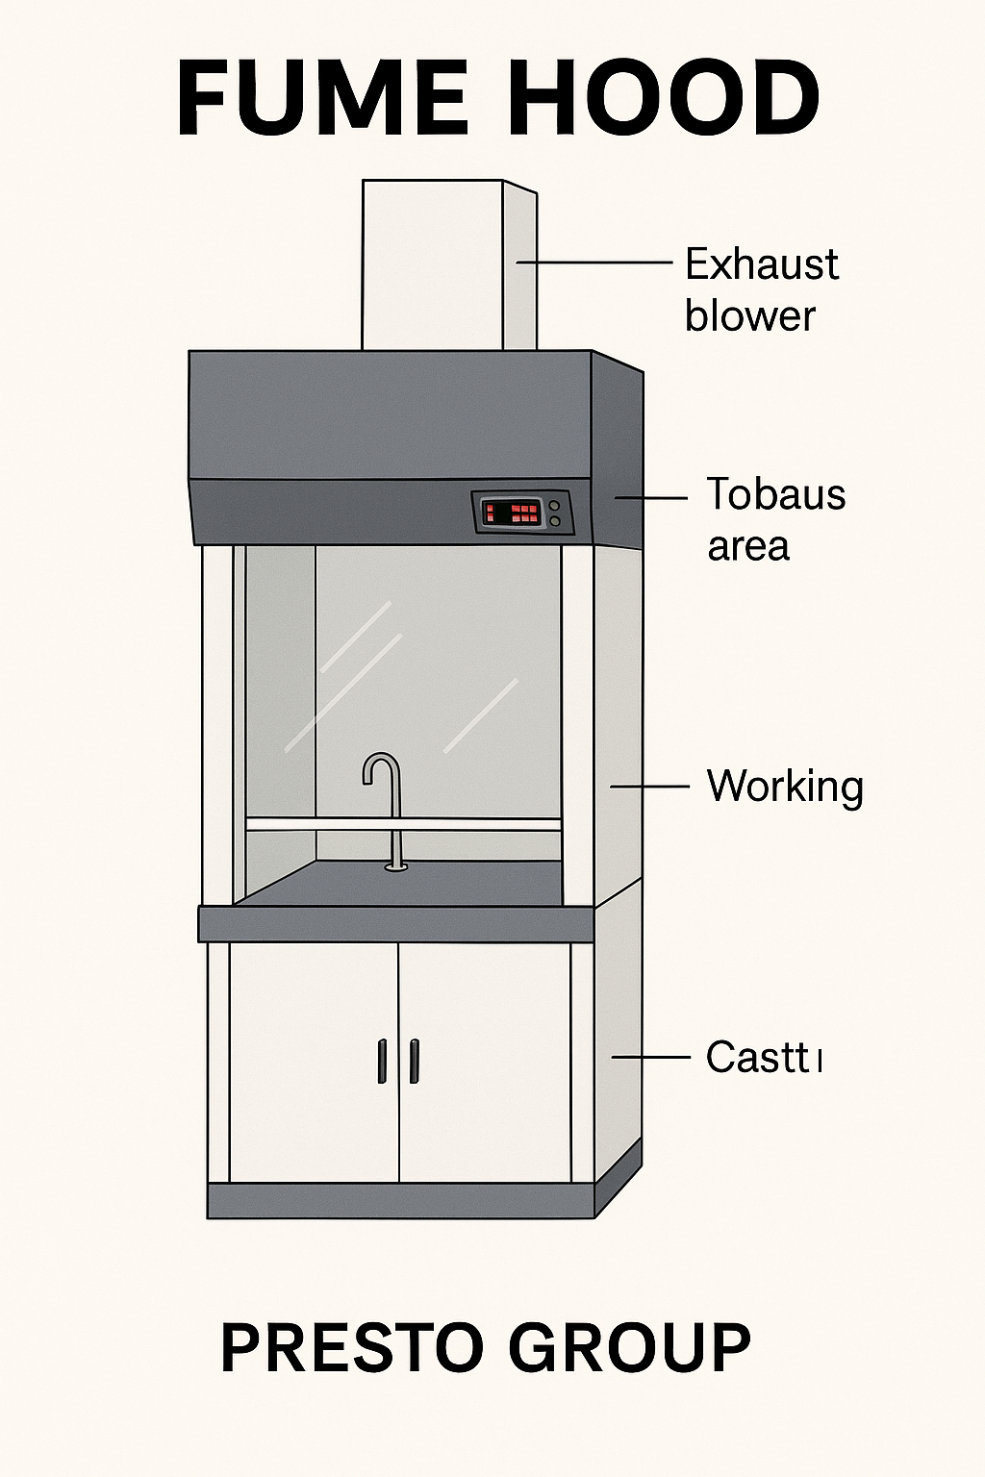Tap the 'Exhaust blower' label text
761,289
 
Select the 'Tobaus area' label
776,519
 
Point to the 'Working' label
785,787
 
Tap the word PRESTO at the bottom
351,1347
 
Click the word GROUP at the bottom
629,1347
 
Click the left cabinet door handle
382,1062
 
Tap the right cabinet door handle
415,1062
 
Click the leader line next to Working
649,787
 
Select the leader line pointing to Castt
651,1058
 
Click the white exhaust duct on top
433,264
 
